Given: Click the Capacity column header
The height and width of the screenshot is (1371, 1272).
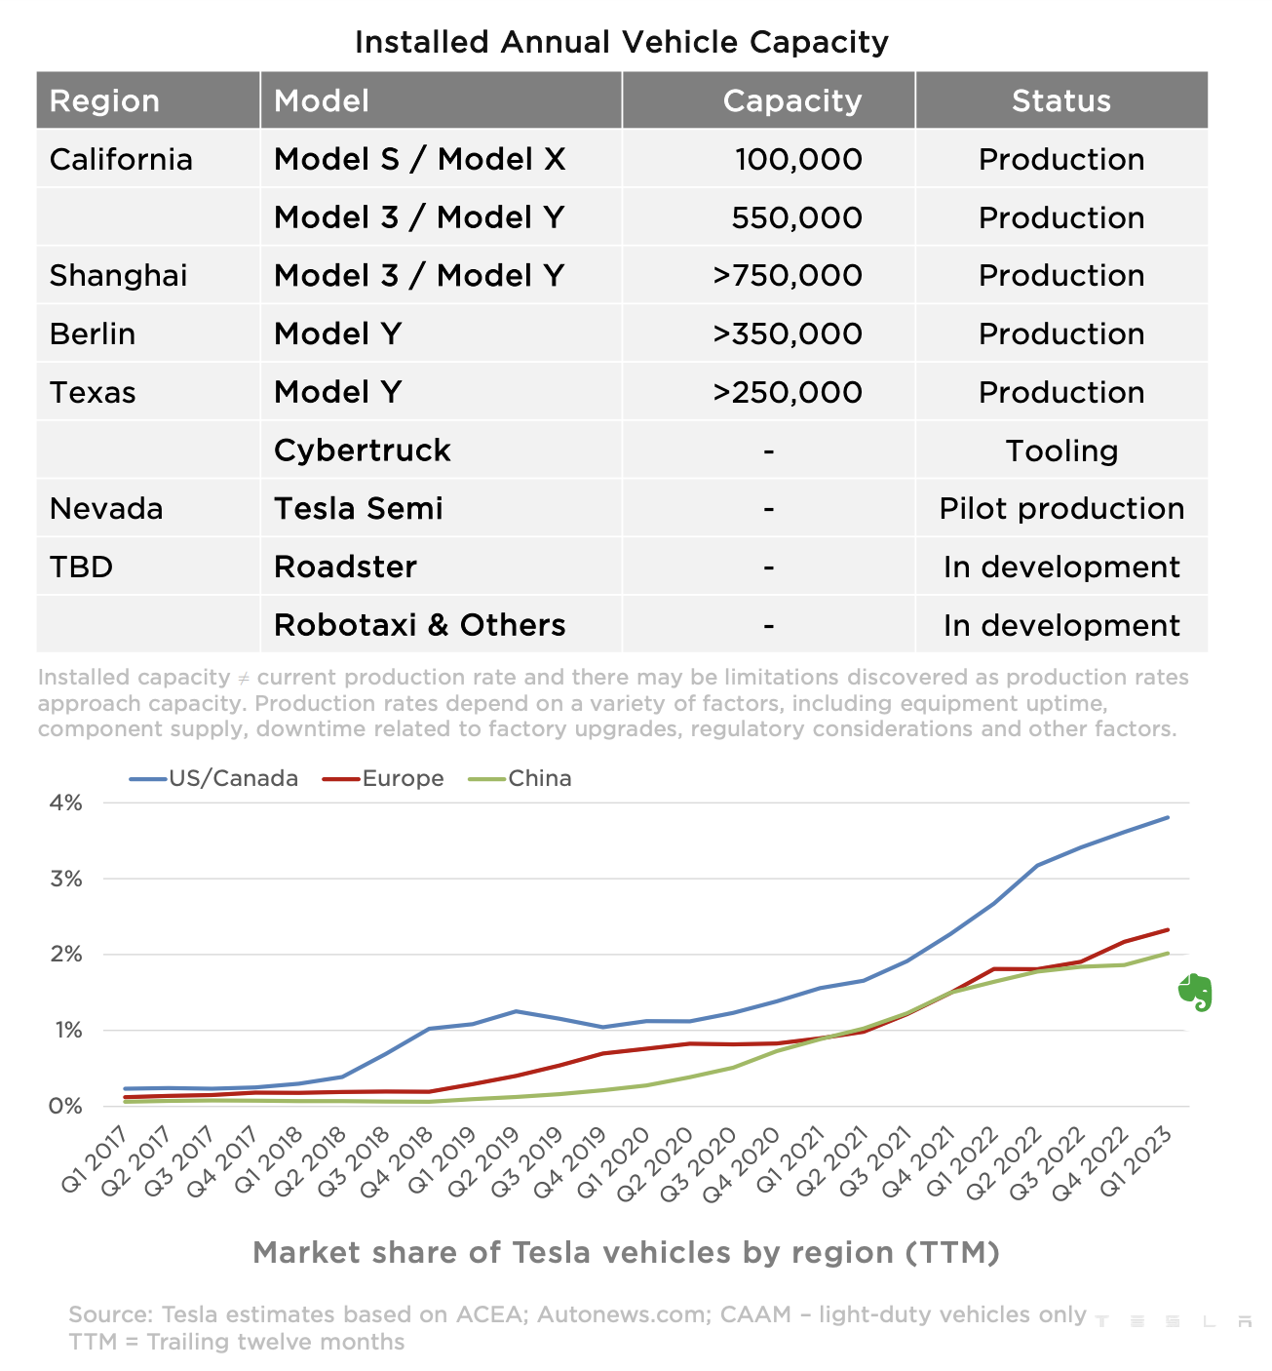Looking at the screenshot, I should (791, 100).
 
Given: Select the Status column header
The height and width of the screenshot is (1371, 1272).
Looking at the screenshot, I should (1060, 100).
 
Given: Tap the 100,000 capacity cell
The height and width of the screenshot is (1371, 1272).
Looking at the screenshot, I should (798, 159).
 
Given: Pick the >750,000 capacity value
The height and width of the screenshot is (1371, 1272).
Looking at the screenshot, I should (787, 275).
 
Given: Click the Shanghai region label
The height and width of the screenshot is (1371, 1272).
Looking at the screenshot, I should (118, 275).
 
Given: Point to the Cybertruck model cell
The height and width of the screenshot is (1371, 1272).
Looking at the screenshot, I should (362, 450).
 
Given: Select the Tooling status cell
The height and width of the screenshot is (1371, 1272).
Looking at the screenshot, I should (1061, 450).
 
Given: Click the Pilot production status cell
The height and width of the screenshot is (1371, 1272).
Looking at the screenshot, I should (1061, 508).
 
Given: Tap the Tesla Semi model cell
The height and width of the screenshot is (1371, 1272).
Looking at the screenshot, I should (358, 508).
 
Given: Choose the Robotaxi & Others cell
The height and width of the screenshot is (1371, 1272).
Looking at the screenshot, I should (419, 625).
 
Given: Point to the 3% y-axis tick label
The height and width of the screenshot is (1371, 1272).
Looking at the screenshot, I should (66, 879).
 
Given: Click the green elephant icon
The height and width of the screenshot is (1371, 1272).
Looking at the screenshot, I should (1195, 992).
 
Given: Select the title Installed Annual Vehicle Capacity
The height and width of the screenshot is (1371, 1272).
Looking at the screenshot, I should (622, 42).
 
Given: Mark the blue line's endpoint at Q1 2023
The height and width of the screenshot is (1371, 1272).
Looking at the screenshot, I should (1168, 817).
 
